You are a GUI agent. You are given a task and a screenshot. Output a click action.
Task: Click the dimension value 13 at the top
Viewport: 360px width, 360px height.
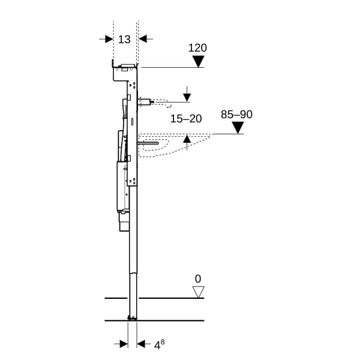(x=124, y=40)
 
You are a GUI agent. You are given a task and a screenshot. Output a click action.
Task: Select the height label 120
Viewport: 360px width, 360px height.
(x=197, y=48)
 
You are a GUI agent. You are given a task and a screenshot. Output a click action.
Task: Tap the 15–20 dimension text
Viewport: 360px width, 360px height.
(x=186, y=119)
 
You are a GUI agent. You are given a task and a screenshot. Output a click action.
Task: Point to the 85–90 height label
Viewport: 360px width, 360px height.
(x=236, y=115)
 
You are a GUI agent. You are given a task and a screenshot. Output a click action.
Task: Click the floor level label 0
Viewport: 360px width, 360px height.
(x=198, y=279)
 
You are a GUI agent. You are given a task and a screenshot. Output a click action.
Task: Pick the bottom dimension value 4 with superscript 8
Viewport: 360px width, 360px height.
(x=159, y=344)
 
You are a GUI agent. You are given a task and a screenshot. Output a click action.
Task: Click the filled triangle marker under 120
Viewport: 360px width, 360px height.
(x=199, y=62)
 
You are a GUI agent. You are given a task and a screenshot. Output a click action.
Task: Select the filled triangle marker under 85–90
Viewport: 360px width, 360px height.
(x=238, y=128)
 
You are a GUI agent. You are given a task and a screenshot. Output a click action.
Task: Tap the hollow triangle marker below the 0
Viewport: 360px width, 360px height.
(x=199, y=292)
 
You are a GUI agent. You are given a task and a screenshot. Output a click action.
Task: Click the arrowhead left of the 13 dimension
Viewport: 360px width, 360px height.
(x=109, y=39)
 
